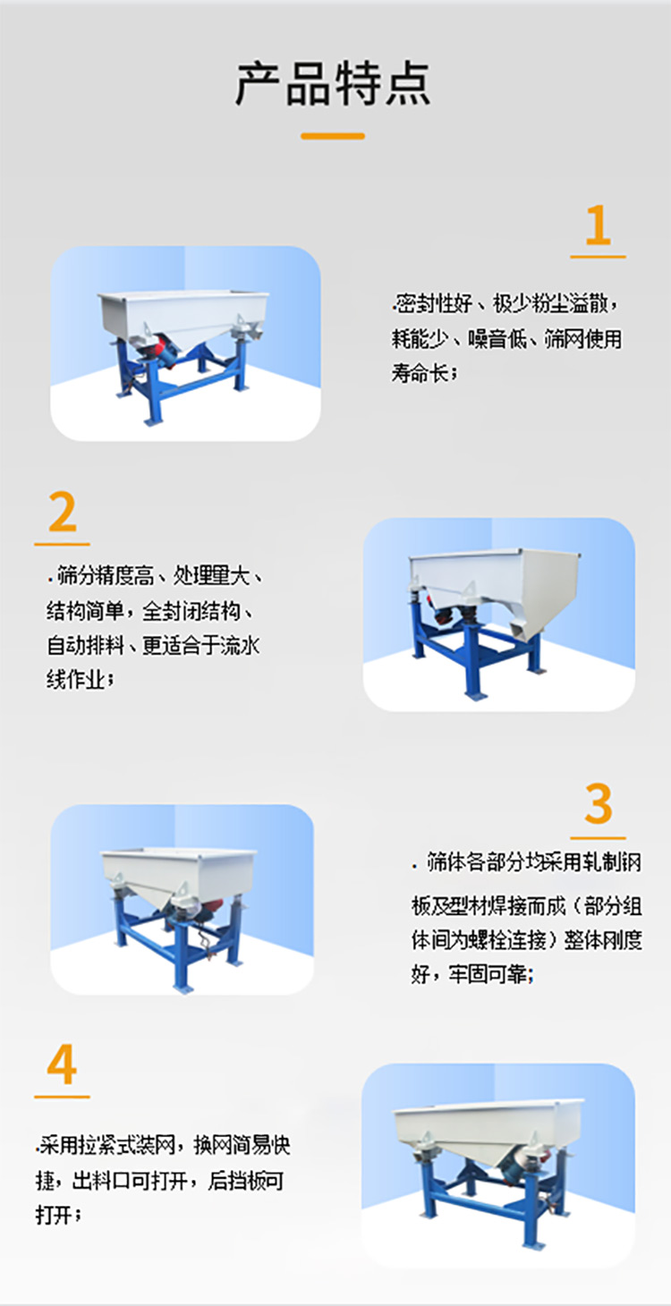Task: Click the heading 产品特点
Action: (333, 84)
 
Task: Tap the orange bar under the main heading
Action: (333, 136)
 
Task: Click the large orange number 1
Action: (598, 225)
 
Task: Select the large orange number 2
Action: (63, 513)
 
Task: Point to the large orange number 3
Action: (598, 804)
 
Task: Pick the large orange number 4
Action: (62, 1064)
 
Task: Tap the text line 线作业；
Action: (81, 679)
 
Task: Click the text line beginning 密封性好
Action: (506, 304)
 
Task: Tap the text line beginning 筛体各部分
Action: (528, 863)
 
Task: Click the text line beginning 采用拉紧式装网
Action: (165, 1145)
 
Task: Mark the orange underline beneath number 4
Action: (62, 1097)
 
